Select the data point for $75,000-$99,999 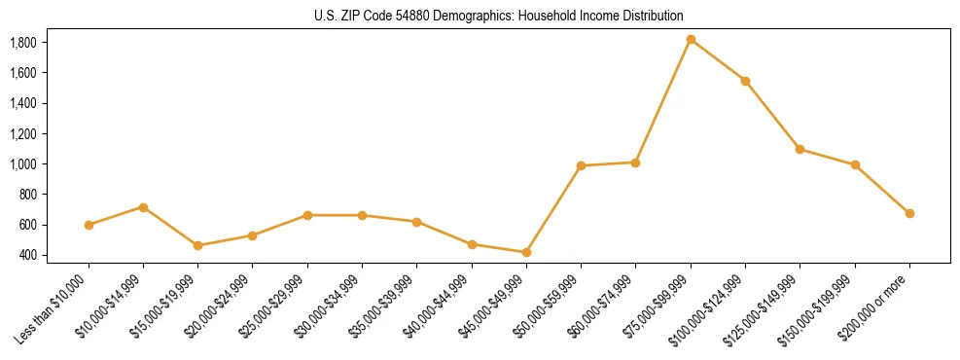tap(691, 40)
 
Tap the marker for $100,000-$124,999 tap(745, 81)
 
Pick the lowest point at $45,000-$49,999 tap(526, 252)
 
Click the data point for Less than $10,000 tap(89, 225)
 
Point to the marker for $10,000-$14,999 tap(143, 207)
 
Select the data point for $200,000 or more tap(909, 213)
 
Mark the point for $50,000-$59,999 tap(581, 165)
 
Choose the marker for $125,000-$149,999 tap(800, 149)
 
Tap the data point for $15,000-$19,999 tap(197, 245)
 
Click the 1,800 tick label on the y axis tap(22, 43)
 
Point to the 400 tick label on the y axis tap(29, 255)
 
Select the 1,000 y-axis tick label tap(22, 164)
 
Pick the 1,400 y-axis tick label tap(22, 103)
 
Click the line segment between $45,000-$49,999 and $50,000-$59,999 tap(553, 209)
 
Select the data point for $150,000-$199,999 tap(855, 165)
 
